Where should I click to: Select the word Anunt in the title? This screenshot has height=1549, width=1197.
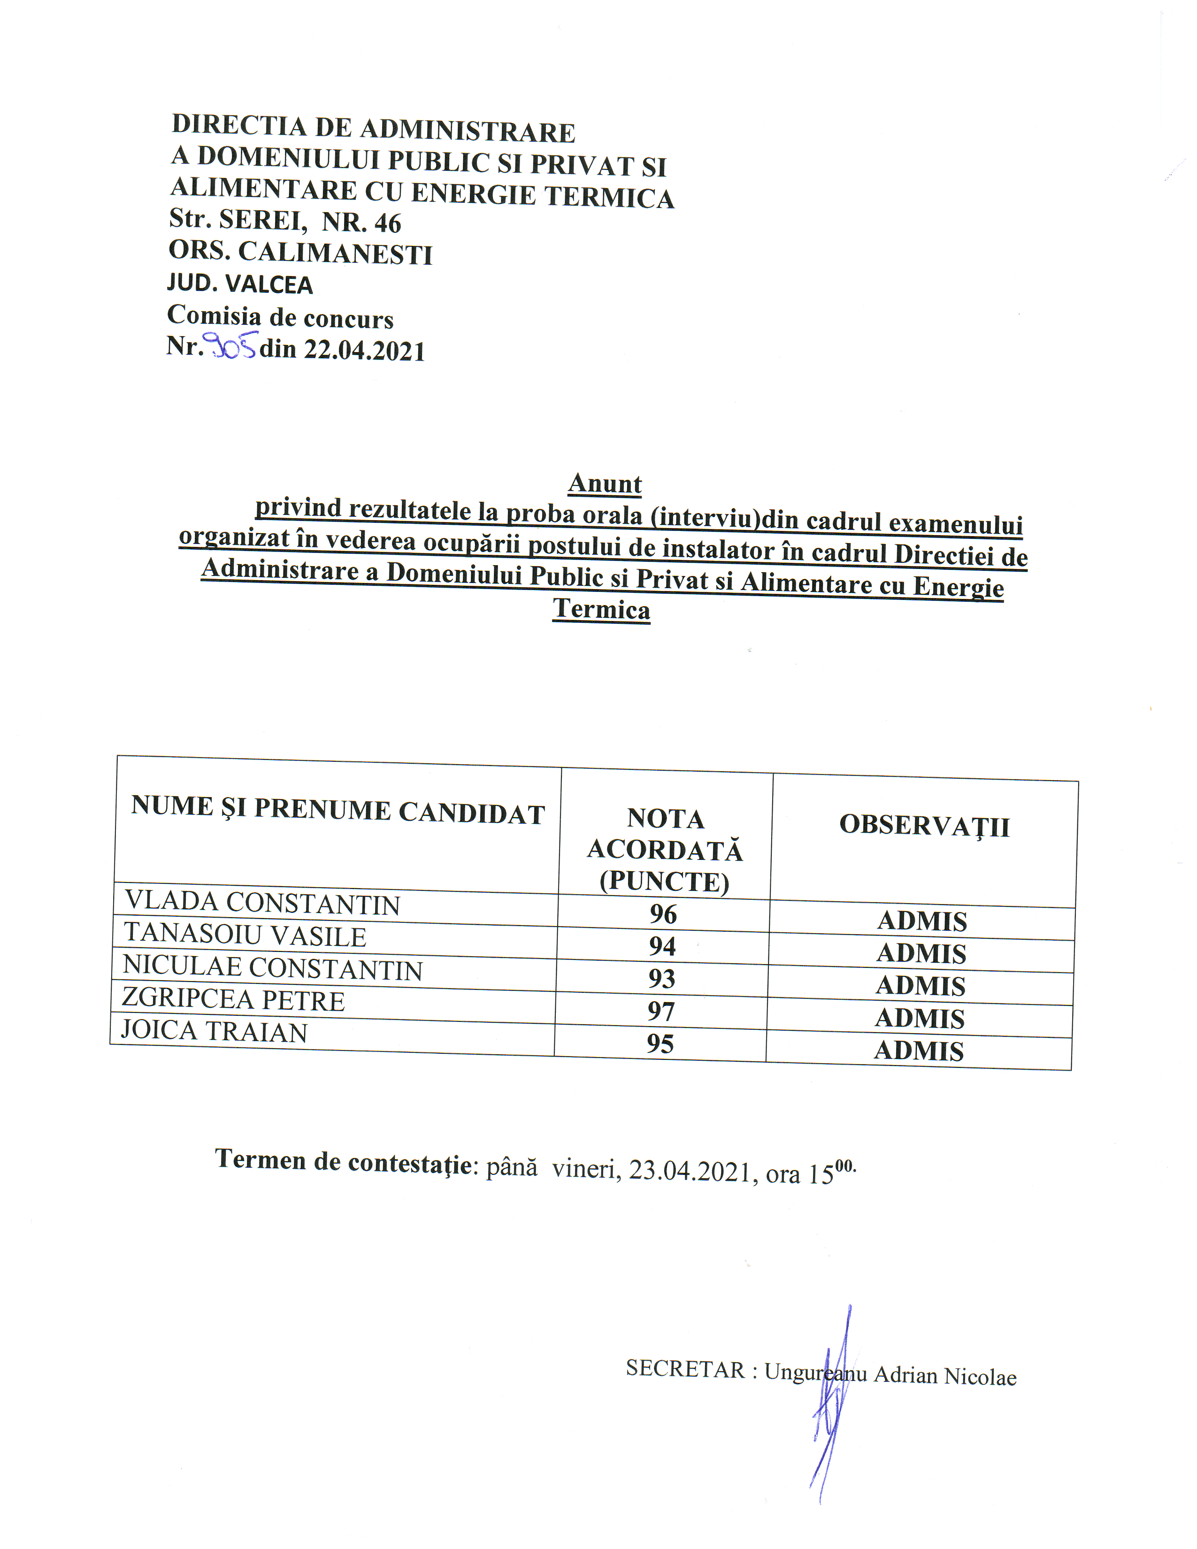coord(605,483)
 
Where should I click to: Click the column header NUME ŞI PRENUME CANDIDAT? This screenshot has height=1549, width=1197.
coord(338,810)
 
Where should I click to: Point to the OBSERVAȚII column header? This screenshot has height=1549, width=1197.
coord(924,826)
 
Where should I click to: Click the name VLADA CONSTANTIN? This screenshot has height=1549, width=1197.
coord(262,903)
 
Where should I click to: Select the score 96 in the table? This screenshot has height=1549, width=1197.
coord(663,913)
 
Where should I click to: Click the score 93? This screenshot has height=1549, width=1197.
coord(661,979)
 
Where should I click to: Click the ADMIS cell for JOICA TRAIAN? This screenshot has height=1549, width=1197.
coord(919,1051)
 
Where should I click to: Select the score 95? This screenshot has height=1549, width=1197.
coord(660,1044)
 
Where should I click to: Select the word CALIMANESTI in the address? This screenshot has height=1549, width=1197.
coord(335,253)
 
